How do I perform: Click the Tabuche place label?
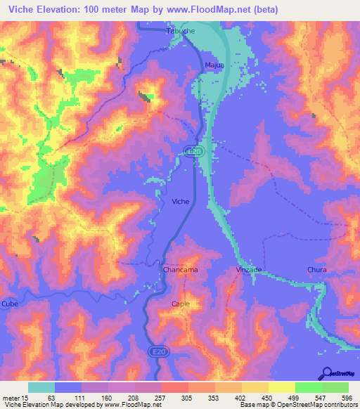click(180, 32)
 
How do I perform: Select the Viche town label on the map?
click(181, 202)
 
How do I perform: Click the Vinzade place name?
click(249, 270)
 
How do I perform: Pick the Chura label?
click(318, 270)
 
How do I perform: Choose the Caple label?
click(181, 304)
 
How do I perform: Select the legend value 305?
click(187, 397)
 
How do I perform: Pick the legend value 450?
click(267, 397)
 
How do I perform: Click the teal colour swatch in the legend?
click(41, 387)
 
